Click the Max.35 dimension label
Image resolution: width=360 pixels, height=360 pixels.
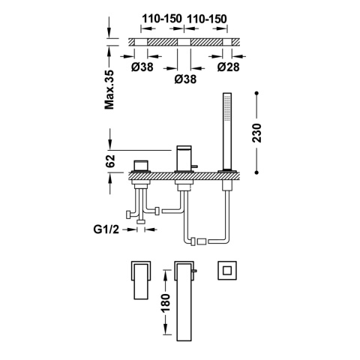click(x=109, y=89)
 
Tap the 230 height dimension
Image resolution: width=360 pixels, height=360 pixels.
click(x=256, y=133)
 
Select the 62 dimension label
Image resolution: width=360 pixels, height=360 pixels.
click(x=110, y=161)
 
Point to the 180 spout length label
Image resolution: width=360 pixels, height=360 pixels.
click(x=166, y=303)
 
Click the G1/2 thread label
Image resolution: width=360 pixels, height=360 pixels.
click(x=106, y=229)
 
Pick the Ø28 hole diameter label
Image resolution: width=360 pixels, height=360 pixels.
click(x=228, y=67)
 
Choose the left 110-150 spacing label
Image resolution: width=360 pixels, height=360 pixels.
click(x=162, y=19)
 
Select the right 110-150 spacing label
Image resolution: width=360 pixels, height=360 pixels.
click(x=207, y=19)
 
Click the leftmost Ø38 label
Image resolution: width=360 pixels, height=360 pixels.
click(x=142, y=67)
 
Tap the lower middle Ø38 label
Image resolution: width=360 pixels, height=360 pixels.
click(x=185, y=79)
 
